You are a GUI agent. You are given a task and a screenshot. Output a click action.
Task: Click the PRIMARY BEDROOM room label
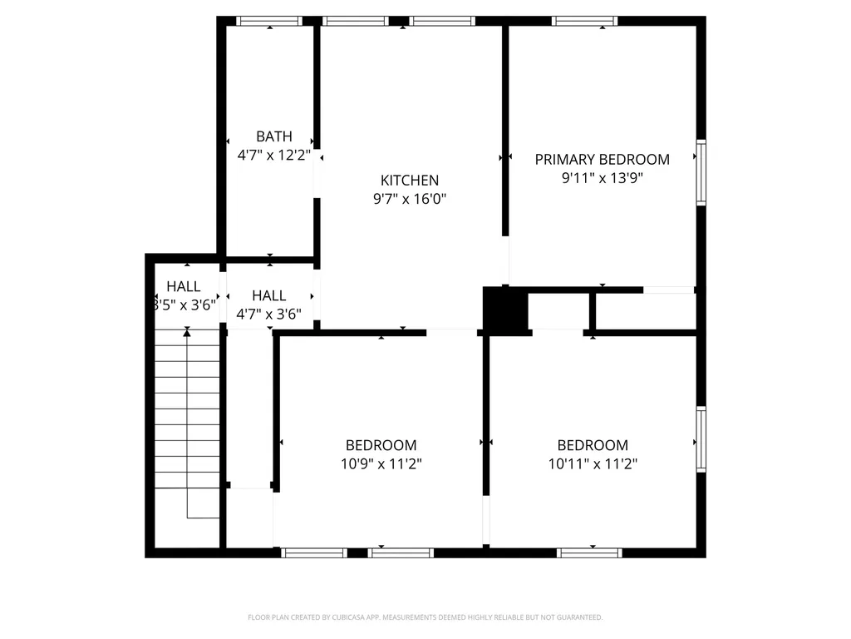click(x=602, y=159)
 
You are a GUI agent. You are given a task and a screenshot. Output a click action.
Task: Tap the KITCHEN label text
click(x=409, y=180)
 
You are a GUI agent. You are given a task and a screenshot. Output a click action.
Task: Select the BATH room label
click(x=273, y=136)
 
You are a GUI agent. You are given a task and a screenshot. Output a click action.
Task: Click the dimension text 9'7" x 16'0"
click(x=409, y=199)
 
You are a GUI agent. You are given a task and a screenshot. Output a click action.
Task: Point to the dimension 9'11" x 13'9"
click(x=602, y=177)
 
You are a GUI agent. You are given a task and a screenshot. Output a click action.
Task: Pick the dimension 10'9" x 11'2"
click(x=381, y=464)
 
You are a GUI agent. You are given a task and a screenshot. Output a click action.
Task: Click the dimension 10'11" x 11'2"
click(x=593, y=464)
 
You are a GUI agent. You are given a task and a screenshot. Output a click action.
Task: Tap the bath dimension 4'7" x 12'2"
click(x=273, y=155)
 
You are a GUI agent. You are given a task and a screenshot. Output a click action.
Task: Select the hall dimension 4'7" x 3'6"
click(x=269, y=314)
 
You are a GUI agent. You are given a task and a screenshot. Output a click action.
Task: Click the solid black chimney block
click(x=504, y=310)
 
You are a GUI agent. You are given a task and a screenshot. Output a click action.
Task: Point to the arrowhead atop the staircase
click(x=187, y=333)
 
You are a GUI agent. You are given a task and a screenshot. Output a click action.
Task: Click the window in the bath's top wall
click(x=268, y=21)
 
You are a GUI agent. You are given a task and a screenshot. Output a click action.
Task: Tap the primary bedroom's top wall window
click(x=585, y=21)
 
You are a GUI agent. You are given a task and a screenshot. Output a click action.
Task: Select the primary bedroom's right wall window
click(x=701, y=172)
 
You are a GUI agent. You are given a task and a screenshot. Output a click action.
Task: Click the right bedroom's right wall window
click(x=701, y=438)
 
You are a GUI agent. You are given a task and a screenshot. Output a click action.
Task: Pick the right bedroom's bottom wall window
click(x=589, y=552)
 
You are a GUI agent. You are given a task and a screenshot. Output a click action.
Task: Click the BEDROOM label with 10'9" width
click(x=381, y=445)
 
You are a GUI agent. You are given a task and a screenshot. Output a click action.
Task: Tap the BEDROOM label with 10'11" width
click(x=593, y=445)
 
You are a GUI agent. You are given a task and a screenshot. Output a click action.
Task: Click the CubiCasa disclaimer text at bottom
click(x=425, y=617)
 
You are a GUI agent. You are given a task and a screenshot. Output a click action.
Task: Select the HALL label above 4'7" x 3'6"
click(x=269, y=295)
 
